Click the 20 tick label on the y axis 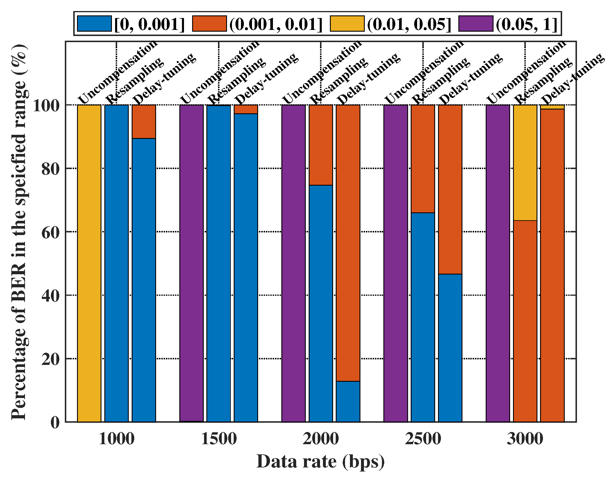[x=50, y=359]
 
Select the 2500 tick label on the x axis [x=423, y=439]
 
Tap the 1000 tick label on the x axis [x=117, y=439]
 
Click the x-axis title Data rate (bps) [x=320, y=462]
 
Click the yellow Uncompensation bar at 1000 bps [x=89, y=263]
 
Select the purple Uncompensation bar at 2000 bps [x=294, y=263]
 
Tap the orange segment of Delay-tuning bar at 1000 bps [x=144, y=121]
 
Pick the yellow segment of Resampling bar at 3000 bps [x=525, y=163]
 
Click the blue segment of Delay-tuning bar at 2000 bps [x=348, y=401]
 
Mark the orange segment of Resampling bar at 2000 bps [x=321, y=145]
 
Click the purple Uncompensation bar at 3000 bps [x=498, y=263]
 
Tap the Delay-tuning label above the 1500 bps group [x=266, y=78]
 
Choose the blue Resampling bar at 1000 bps [x=117, y=263]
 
